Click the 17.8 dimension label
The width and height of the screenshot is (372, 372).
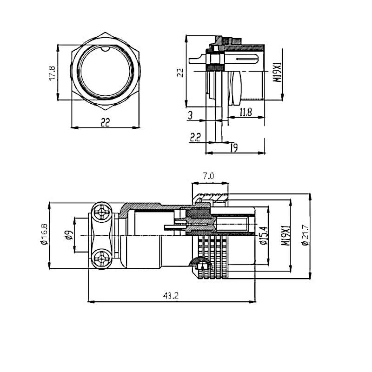pos(52,73)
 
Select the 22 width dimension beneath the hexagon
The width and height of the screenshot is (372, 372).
pos(106,122)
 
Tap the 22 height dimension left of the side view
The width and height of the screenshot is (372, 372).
pos(180,72)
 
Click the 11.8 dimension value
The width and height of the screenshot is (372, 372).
pos(246,112)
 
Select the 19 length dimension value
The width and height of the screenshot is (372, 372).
pos(234,147)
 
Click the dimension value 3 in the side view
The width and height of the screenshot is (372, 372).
pos(190,115)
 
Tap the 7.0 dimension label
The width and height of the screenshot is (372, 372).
pos(209,176)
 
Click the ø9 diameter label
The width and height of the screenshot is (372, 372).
pos(68,235)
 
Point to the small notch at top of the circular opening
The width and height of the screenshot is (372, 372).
pos(106,47)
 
